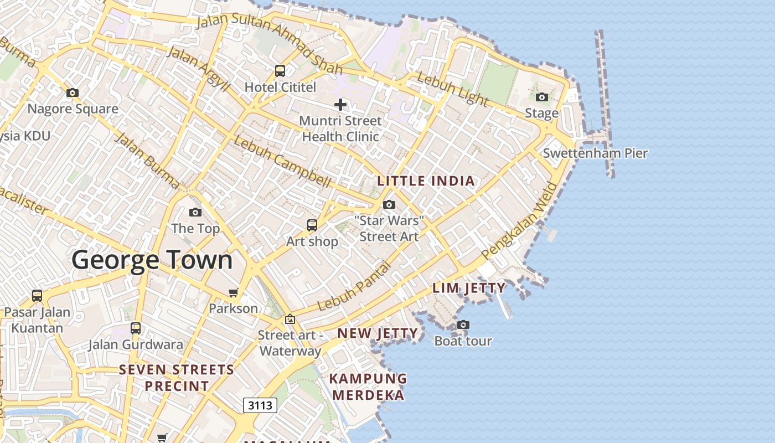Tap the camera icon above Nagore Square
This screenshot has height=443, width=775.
coord(73,92)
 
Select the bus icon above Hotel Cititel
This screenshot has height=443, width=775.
coord(280,71)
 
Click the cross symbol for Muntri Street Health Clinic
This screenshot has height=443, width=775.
coord(340,104)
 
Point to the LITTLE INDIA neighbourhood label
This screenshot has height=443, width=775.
coord(426,181)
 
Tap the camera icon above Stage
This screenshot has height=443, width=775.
coord(542,97)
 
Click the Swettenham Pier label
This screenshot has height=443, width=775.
coord(595,153)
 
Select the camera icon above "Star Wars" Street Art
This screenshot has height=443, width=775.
coord(389,205)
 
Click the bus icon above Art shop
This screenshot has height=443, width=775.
coord(312,225)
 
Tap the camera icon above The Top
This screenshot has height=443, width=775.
coord(195,213)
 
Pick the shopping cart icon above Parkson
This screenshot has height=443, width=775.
coord(234,292)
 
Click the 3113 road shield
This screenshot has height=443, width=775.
coord(260,405)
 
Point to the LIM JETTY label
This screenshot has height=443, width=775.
coord(469,288)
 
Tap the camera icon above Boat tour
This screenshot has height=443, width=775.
coord(463,325)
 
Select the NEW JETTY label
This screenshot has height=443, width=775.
coord(378,333)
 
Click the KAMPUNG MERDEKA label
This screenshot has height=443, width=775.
coord(369,387)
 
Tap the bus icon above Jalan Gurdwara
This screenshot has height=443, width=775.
coord(136,328)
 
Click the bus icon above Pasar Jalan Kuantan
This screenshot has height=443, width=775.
coord(37,296)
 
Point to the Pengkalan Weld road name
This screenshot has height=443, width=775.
coord(519,221)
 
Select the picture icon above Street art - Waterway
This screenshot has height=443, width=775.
coord(290,319)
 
